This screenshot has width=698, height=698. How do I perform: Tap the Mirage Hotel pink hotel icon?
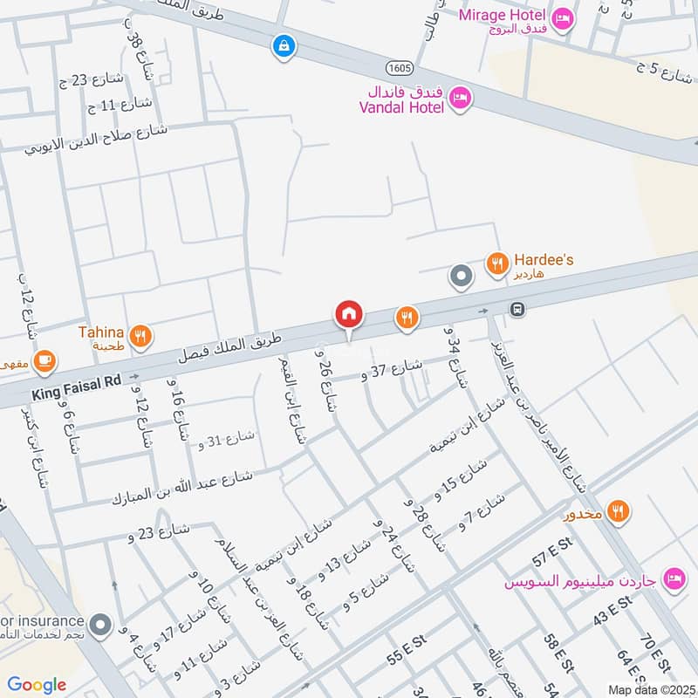coord(564,17)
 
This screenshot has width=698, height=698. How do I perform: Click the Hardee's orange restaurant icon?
coord(497,262)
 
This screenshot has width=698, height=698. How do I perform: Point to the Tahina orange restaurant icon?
coord(140,334)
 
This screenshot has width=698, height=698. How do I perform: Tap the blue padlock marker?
coord(283,46)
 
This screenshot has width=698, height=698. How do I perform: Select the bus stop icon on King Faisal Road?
coord(517,309)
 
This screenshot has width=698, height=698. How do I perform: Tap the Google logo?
coord(38,685)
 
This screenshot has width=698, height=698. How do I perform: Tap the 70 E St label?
coord(652,653)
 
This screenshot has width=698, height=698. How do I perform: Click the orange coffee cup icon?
coord(44,359)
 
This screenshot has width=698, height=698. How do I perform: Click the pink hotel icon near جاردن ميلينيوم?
coord(674,577)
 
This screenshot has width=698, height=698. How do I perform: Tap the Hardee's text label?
coord(544,260)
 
